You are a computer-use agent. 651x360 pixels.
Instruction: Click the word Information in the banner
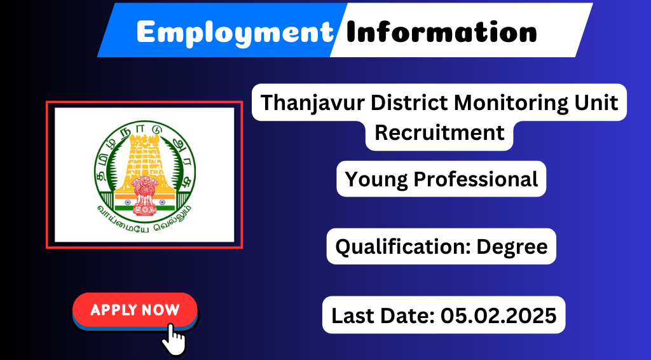pos(441,31)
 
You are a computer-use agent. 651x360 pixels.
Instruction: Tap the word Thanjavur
pos(313,103)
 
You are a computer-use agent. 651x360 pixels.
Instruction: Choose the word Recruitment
pos(439,132)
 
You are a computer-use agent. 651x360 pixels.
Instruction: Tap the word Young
pos(376,180)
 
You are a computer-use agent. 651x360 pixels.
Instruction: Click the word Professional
pos(476,179)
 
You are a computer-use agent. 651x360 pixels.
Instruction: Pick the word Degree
pos(512,247)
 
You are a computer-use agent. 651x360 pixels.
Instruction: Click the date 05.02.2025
pos(498,315)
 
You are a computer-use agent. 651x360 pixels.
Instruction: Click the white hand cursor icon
pos(174,339)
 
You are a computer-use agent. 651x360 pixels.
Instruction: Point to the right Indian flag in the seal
pos(166,202)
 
